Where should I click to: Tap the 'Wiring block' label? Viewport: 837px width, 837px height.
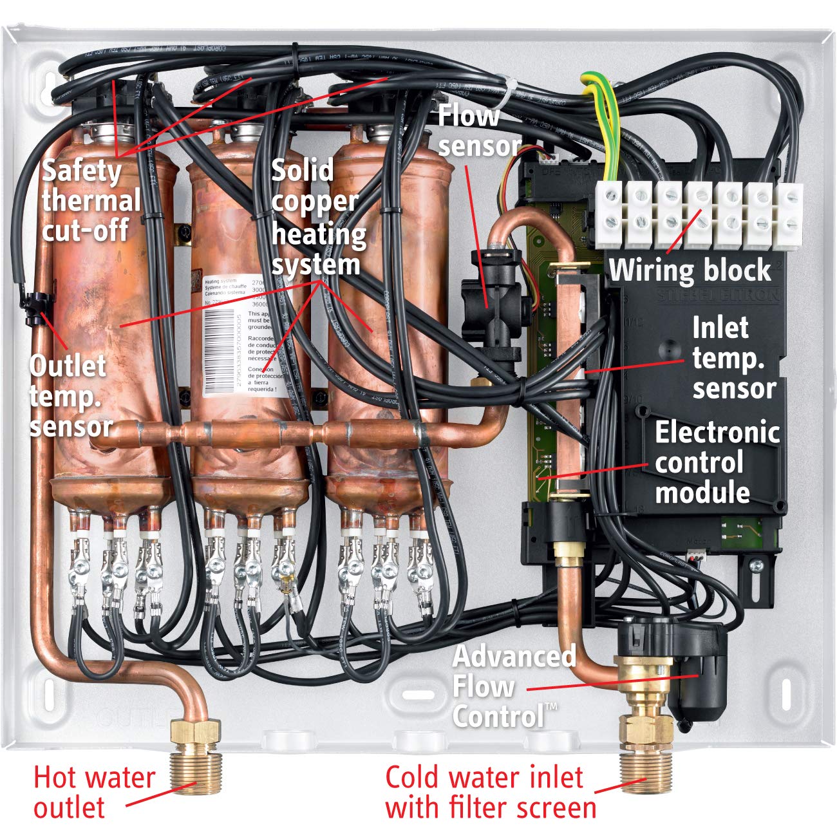pos(690,270)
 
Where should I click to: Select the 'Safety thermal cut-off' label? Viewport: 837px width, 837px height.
pos(90,200)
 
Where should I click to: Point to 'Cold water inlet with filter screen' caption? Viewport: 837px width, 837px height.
pos(489,792)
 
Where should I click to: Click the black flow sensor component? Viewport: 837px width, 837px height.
pos(493,303)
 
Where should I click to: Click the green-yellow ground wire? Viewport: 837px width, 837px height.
pos(608,129)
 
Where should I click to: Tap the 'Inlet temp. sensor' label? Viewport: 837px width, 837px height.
pos(733,358)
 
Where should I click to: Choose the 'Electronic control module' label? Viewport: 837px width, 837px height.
pos(716,462)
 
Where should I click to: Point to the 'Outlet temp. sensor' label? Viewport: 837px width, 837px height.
pos(70,395)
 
